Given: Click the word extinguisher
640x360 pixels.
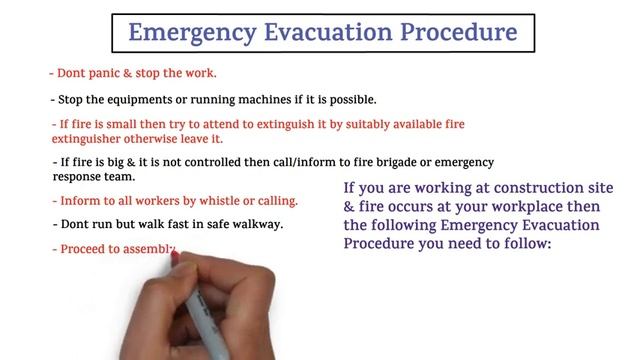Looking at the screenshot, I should click(92, 140).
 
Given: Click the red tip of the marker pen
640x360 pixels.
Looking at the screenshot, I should click(176, 258).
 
